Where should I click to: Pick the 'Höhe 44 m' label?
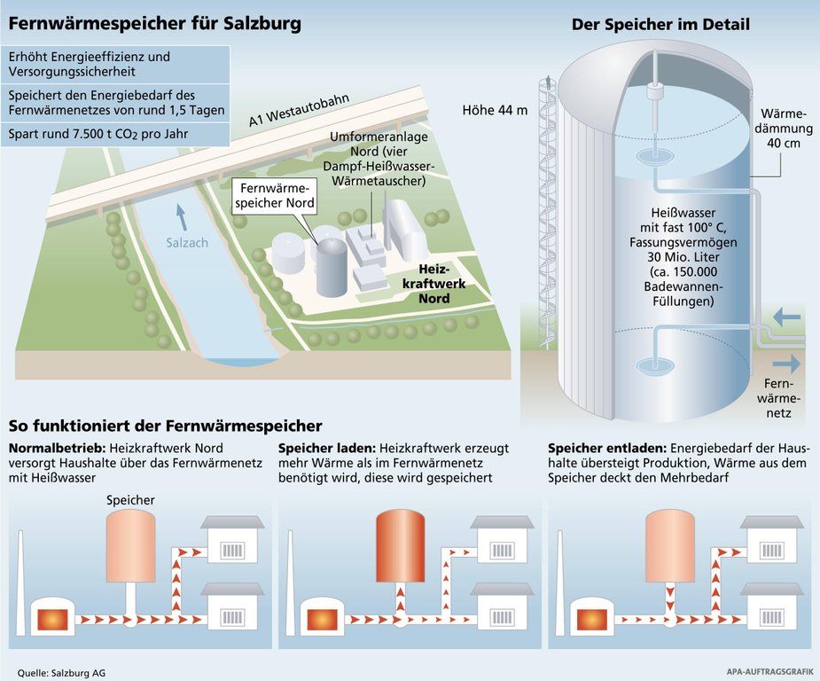pyautogui.click(x=495, y=111)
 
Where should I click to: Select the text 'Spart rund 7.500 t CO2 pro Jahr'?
pyautogui.click(x=99, y=135)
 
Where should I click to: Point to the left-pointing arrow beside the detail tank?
pyautogui.click(x=785, y=317)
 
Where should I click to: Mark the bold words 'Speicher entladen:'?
pyautogui.click(x=606, y=448)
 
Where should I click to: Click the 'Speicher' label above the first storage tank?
pyautogui.click(x=130, y=500)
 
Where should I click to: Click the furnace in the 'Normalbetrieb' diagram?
pyautogui.click(x=52, y=616)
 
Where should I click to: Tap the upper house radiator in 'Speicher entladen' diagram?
pyautogui.click(x=770, y=552)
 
